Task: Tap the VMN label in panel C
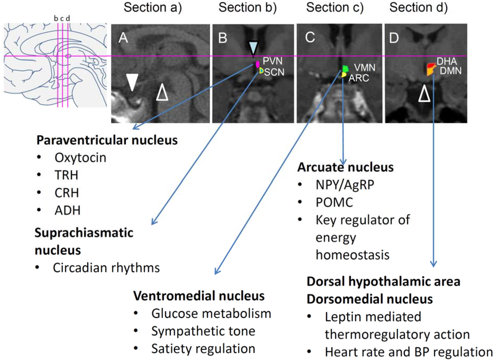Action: [x=365, y=68]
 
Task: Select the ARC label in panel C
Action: [x=359, y=78]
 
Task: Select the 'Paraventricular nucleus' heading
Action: [x=107, y=141]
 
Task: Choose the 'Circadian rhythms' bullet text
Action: [x=106, y=267]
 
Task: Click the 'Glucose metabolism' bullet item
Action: [x=211, y=313]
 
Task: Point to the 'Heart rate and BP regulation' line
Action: [x=408, y=352]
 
